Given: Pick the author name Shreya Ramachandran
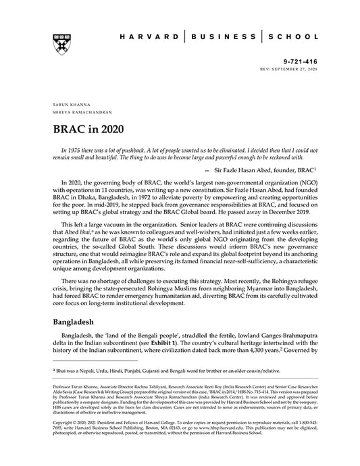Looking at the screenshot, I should pos(73,113).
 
